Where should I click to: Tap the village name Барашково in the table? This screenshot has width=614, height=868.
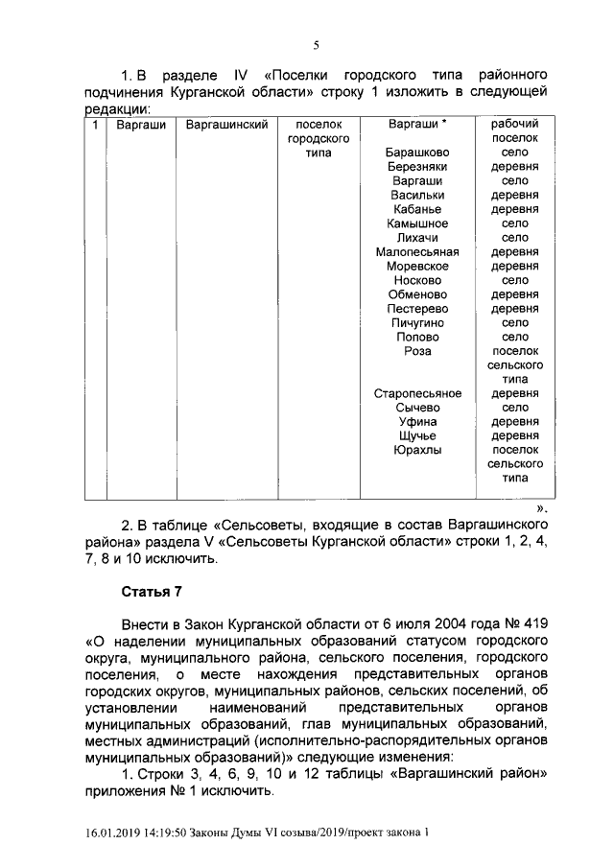(417, 152)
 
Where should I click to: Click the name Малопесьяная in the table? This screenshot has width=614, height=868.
(417, 252)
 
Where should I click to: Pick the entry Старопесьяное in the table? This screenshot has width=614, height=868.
(417, 393)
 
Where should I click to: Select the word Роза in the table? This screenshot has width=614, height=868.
(417, 351)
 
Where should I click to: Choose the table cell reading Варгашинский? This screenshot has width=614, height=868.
(224, 125)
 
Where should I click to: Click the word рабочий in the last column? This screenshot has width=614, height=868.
(514, 125)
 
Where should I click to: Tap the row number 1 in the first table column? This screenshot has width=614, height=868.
(94, 125)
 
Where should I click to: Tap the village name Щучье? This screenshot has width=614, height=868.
(417, 434)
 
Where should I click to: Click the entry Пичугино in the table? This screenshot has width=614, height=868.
(417, 323)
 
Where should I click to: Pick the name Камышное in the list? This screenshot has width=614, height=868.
(417, 223)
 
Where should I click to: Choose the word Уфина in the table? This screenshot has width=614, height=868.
(417, 421)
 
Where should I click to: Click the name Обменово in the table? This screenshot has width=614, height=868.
(417, 294)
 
